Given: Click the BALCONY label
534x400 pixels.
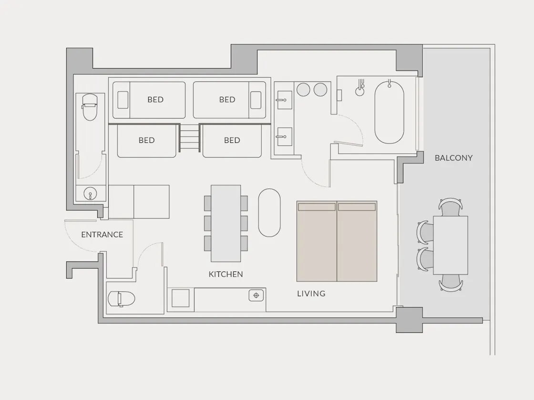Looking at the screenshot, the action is (453, 158).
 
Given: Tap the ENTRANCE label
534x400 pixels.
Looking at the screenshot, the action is (102, 234).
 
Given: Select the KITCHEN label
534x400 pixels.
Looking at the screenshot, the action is (226, 274).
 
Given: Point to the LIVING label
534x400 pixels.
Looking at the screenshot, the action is (311, 293).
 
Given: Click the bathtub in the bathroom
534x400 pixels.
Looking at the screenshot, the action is (389, 112).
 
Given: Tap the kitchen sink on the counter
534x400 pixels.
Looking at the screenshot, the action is (256, 295).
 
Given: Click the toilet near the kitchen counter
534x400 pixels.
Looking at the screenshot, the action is (121, 299).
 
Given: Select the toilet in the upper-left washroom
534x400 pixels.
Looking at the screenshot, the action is (90, 107).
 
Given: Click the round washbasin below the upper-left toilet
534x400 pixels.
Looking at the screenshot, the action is (90, 194).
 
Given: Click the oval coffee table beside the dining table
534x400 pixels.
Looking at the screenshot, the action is (269, 212).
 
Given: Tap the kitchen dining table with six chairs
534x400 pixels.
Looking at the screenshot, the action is (226, 223).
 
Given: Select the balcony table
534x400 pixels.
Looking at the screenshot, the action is (451, 245).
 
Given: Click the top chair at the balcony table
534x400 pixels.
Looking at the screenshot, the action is (451, 207).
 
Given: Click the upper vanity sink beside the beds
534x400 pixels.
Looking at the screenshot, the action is (284, 100).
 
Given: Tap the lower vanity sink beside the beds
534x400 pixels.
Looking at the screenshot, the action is (284, 137).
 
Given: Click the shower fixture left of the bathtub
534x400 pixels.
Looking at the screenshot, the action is (360, 88).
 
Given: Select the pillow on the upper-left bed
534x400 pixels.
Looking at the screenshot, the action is (123, 100).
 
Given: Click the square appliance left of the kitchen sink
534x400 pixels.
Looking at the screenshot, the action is (181, 298).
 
